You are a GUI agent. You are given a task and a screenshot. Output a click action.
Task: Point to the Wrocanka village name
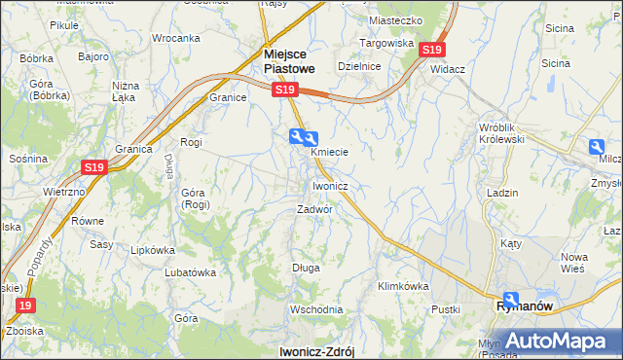coord(175,38)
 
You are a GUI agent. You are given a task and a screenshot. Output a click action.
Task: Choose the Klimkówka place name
coord(403,286)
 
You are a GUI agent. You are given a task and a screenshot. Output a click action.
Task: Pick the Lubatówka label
coord(189,272)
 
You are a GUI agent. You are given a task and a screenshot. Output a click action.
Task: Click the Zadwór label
coord(315,209)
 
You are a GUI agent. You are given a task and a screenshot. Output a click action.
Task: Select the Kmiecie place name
coord(329,152)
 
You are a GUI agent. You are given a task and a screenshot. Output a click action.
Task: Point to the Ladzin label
coord(501,193)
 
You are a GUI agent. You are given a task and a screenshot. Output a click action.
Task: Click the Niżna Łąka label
coord(126,91)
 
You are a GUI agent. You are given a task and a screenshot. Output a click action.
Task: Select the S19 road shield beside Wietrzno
coord(93,167)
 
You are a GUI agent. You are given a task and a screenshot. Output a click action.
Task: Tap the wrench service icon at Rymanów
coord(511,300)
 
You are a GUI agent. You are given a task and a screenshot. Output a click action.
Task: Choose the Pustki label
coord(446,308)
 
